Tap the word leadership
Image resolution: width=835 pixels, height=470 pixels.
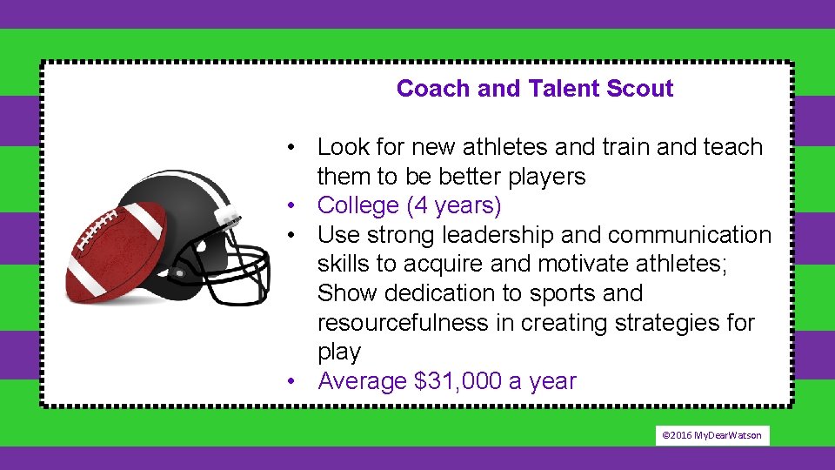coord(497,235)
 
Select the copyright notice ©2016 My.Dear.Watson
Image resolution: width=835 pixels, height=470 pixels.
coord(712,435)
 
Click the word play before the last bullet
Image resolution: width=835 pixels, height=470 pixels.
coord(338,352)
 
